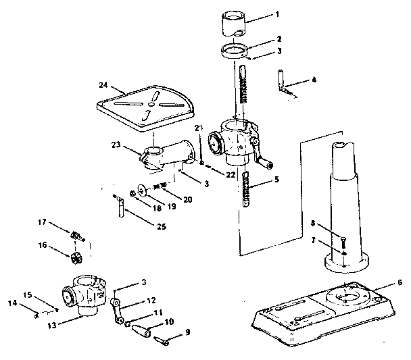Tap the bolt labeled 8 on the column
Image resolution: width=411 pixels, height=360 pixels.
coord(344,238)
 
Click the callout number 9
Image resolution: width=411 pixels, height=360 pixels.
coord(188,332)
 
